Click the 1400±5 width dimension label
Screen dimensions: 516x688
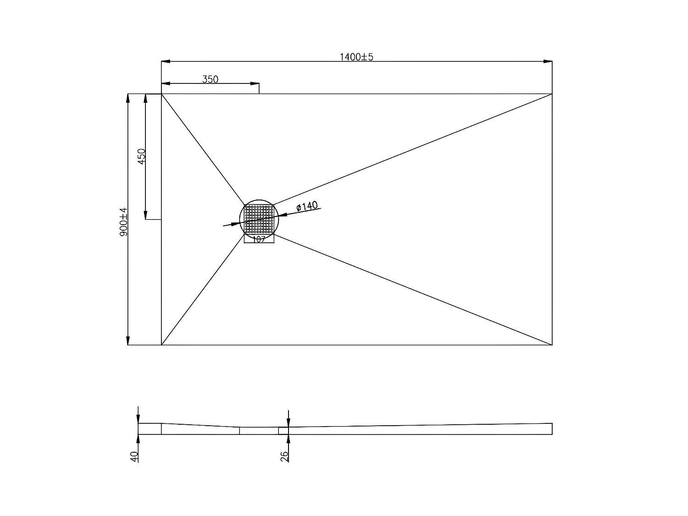tap(356, 57)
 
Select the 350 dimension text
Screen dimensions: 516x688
tap(211, 79)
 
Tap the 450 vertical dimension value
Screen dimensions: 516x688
tap(142, 156)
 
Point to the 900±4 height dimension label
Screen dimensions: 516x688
tap(123, 222)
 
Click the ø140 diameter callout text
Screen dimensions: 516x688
tap(307, 207)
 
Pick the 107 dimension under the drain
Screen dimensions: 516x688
tap(259, 239)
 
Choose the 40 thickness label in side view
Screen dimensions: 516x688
tap(134, 456)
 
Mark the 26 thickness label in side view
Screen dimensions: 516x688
tap(284, 456)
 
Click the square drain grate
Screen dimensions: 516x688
tap(259, 219)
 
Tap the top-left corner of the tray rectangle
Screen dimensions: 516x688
tap(161, 94)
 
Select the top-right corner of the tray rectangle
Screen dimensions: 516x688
tap(552, 94)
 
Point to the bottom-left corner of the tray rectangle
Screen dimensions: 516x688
tap(161, 344)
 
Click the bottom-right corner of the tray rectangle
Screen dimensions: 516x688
tap(552, 344)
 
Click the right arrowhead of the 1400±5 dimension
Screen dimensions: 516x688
tap(548, 61)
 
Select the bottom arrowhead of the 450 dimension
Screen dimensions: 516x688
tap(145, 215)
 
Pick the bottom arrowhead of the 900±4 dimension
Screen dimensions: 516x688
tap(128, 340)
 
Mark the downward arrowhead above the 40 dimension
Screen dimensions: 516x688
tap(138, 418)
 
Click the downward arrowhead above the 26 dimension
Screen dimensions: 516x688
tap(288, 422)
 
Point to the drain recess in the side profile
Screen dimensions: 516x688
tap(259, 431)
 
